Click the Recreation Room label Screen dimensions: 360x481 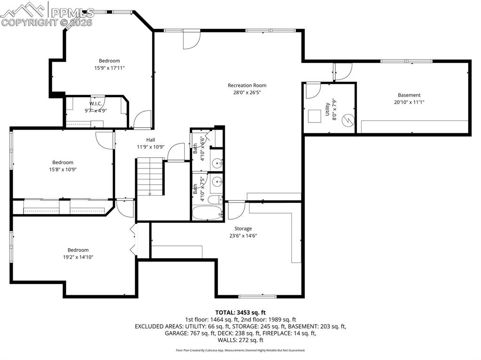[247, 85]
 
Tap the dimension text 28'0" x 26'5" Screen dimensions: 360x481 [247, 93]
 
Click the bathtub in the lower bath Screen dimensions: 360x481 [207, 214]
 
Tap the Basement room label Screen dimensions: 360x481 [409, 95]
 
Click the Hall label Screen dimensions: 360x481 [150, 140]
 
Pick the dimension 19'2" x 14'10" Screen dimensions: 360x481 [78, 257]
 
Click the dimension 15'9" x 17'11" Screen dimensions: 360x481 [109, 68]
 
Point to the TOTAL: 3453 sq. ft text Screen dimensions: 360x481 [240, 312]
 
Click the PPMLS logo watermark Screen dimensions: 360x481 [47, 14]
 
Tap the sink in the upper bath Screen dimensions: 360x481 [217, 163]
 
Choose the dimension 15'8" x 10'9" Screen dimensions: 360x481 [62, 170]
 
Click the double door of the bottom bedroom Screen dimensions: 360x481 [134, 239]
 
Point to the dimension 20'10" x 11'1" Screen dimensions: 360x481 [409, 102]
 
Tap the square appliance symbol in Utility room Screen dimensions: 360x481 [313, 115]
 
